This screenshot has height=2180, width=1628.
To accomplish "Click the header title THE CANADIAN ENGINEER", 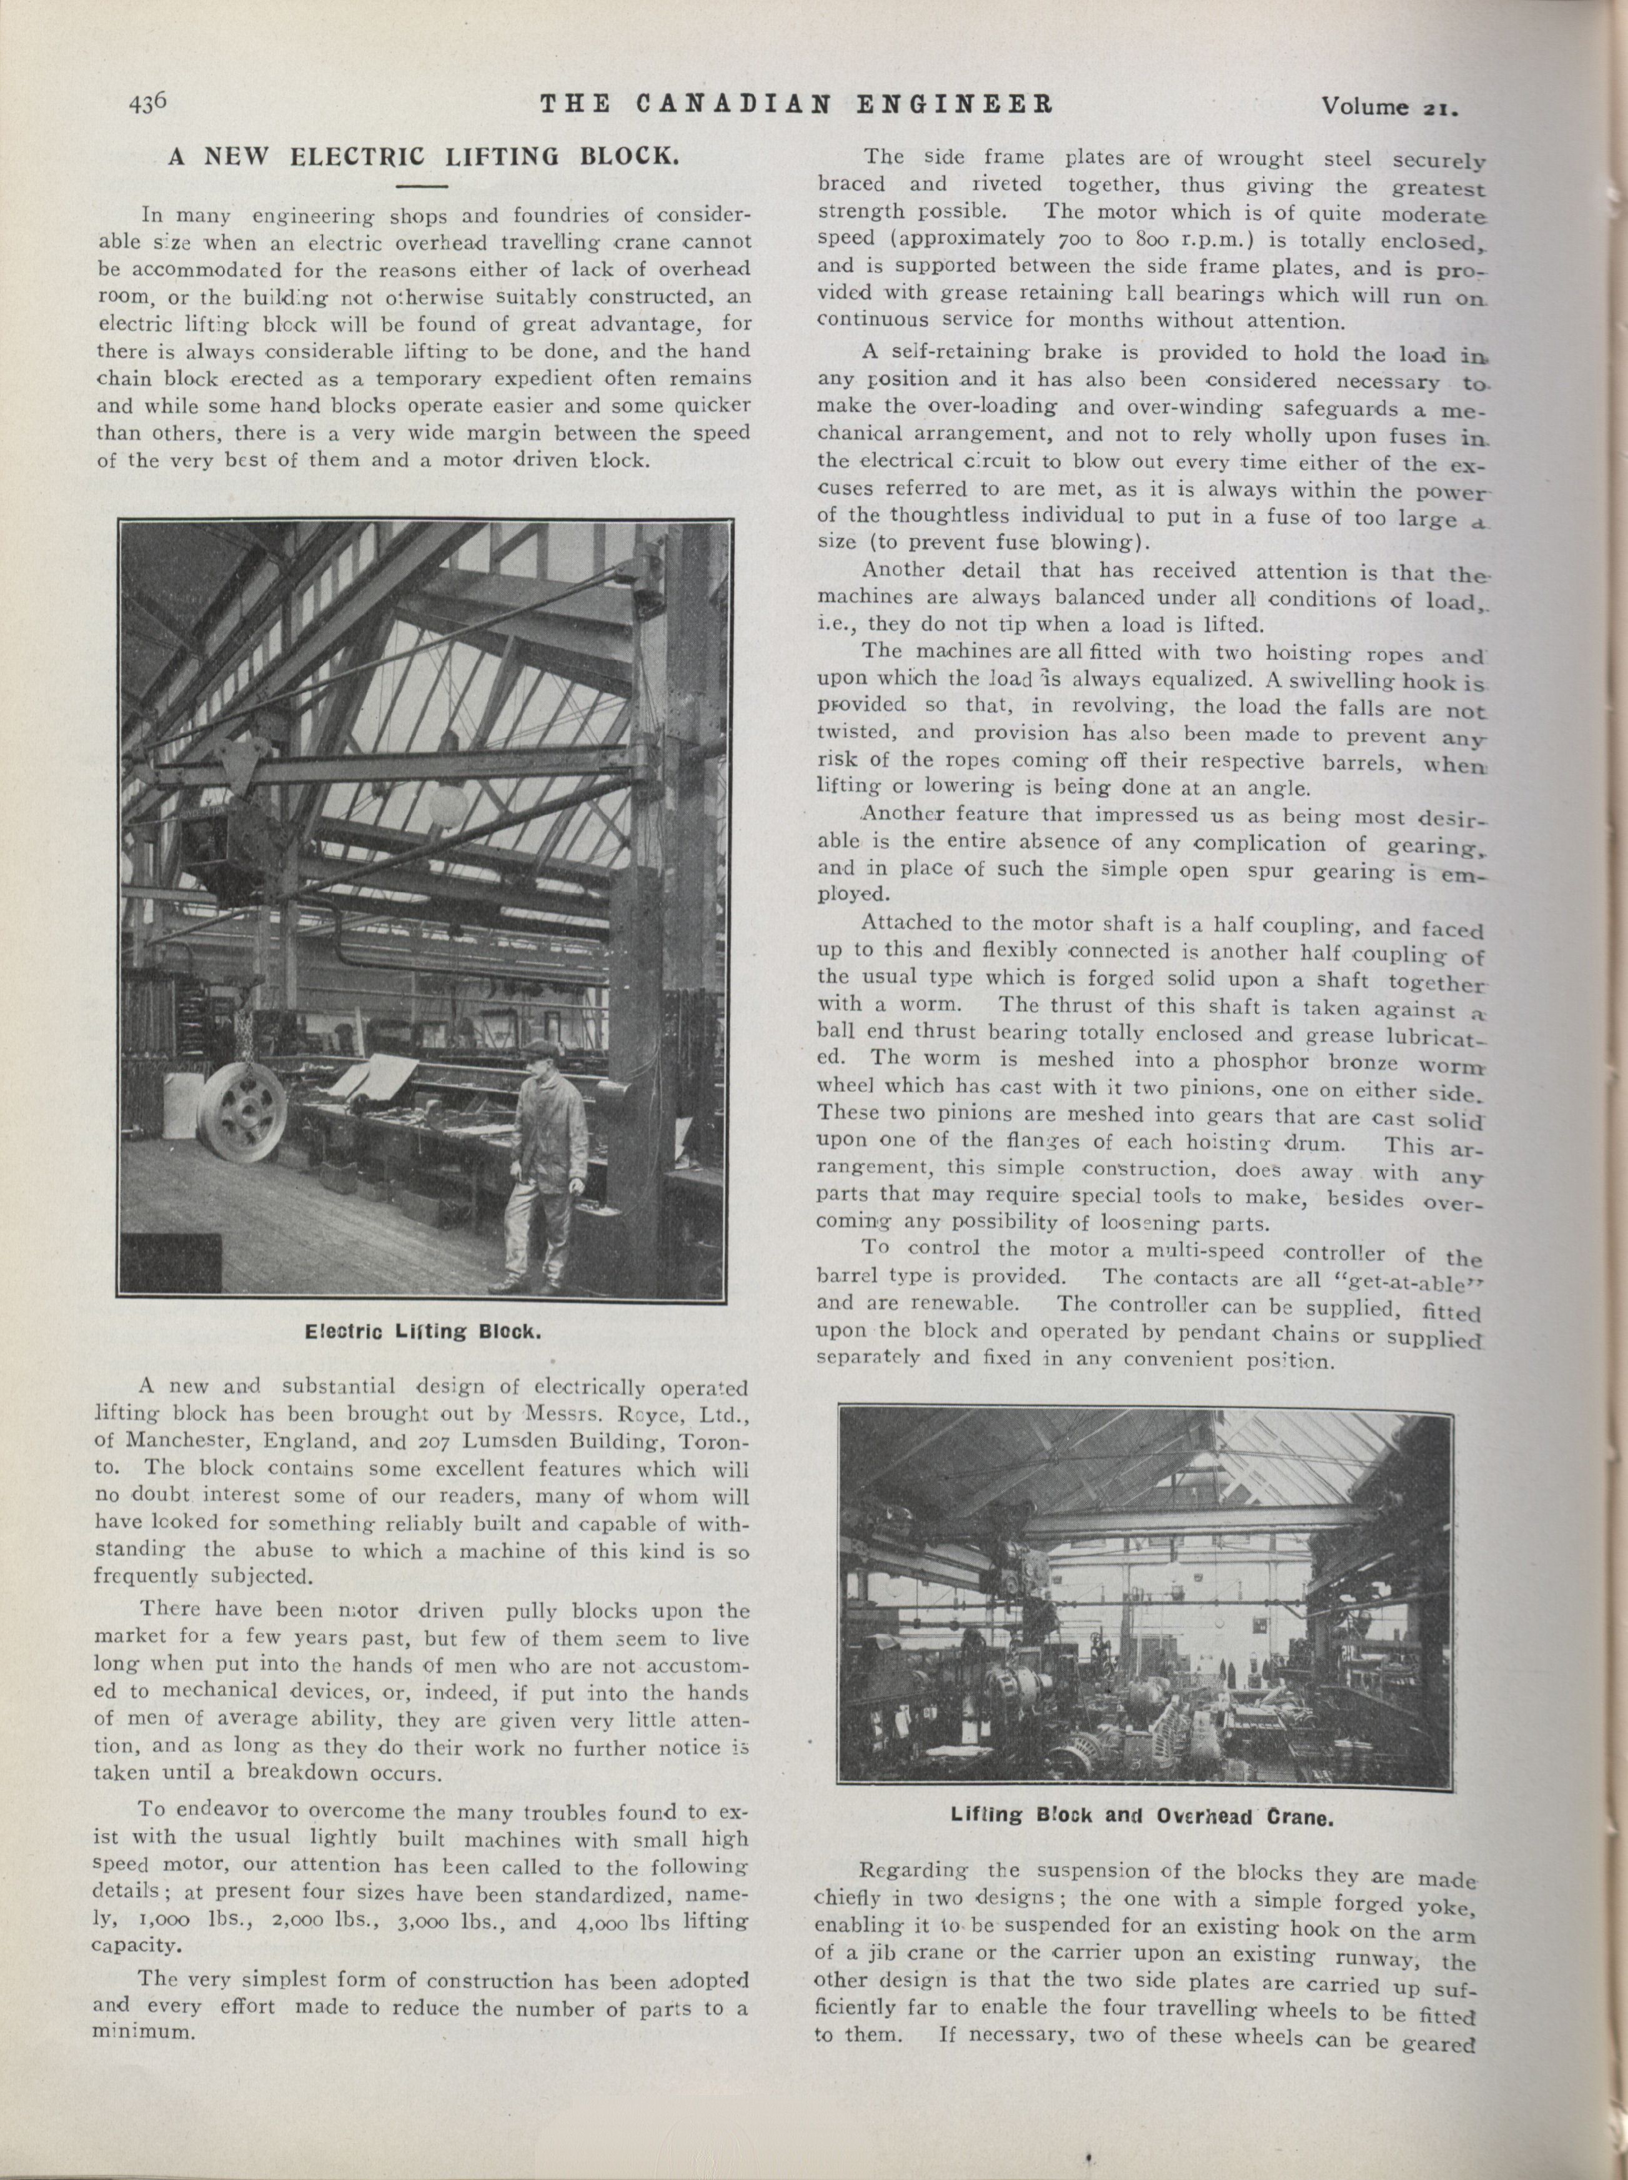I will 797,102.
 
